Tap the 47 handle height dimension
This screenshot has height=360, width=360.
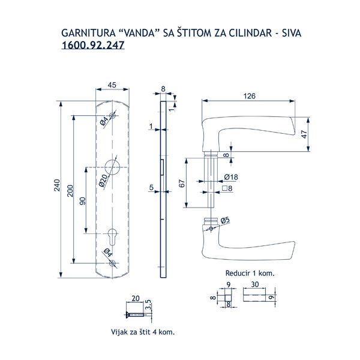point(304,134)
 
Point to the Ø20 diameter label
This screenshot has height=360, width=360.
point(103,179)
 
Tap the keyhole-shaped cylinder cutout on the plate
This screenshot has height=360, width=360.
point(112,236)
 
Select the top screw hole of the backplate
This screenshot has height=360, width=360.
point(112,116)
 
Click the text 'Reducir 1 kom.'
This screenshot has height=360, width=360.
point(250,272)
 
